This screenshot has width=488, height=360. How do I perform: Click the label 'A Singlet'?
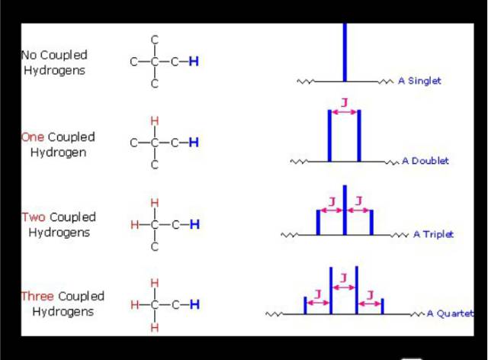(x=419, y=81)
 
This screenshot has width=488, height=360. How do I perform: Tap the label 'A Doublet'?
(x=425, y=161)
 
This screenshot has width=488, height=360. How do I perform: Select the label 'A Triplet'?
(x=433, y=234)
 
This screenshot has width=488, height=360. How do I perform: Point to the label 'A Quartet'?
(x=450, y=313)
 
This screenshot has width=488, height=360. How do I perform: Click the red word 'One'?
(x=32, y=137)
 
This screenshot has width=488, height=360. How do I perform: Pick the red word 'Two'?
(x=34, y=217)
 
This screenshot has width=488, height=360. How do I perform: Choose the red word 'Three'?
(x=37, y=296)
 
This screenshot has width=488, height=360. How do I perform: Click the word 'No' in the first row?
(x=29, y=55)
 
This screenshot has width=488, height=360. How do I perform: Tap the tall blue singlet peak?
(x=345, y=53)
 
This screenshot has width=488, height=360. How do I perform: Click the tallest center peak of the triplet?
(x=345, y=210)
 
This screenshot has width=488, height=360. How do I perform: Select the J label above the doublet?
(x=344, y=102)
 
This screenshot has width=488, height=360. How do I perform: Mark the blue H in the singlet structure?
(x=194, y=61)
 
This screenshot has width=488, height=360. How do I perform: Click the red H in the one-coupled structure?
(x=154, y=121)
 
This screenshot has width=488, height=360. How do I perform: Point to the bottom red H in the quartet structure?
(x=154, y=328)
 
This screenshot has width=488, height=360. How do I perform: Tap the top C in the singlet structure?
(x=154, y=40)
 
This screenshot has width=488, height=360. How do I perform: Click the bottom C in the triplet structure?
(x=155, y=246)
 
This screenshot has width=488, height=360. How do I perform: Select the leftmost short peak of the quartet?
(x=305, y=305)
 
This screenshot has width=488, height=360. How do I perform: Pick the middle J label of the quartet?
(x=344, y=278)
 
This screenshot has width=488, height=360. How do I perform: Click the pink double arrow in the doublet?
(x=344, y=112)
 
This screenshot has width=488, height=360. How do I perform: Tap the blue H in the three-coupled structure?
(x=194, y=304)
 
